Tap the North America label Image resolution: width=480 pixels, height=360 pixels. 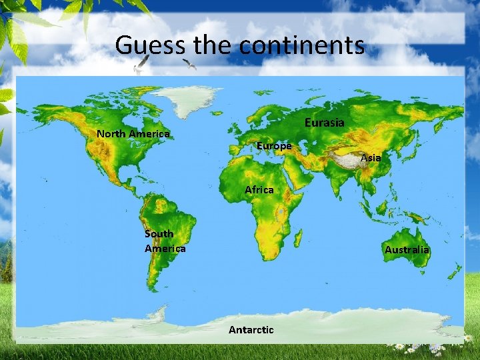(133, 133)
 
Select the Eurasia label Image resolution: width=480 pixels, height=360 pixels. (325, 123)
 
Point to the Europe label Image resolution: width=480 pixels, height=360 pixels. (274, 145)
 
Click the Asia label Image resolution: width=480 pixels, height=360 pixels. (371, 158)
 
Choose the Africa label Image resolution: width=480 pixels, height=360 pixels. (259, 190)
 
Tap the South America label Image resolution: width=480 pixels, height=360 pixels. (165, 241)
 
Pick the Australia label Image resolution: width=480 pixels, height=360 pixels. (407, 250)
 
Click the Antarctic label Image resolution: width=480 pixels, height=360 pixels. (251, 330)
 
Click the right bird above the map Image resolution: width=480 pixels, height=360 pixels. (189, 64)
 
